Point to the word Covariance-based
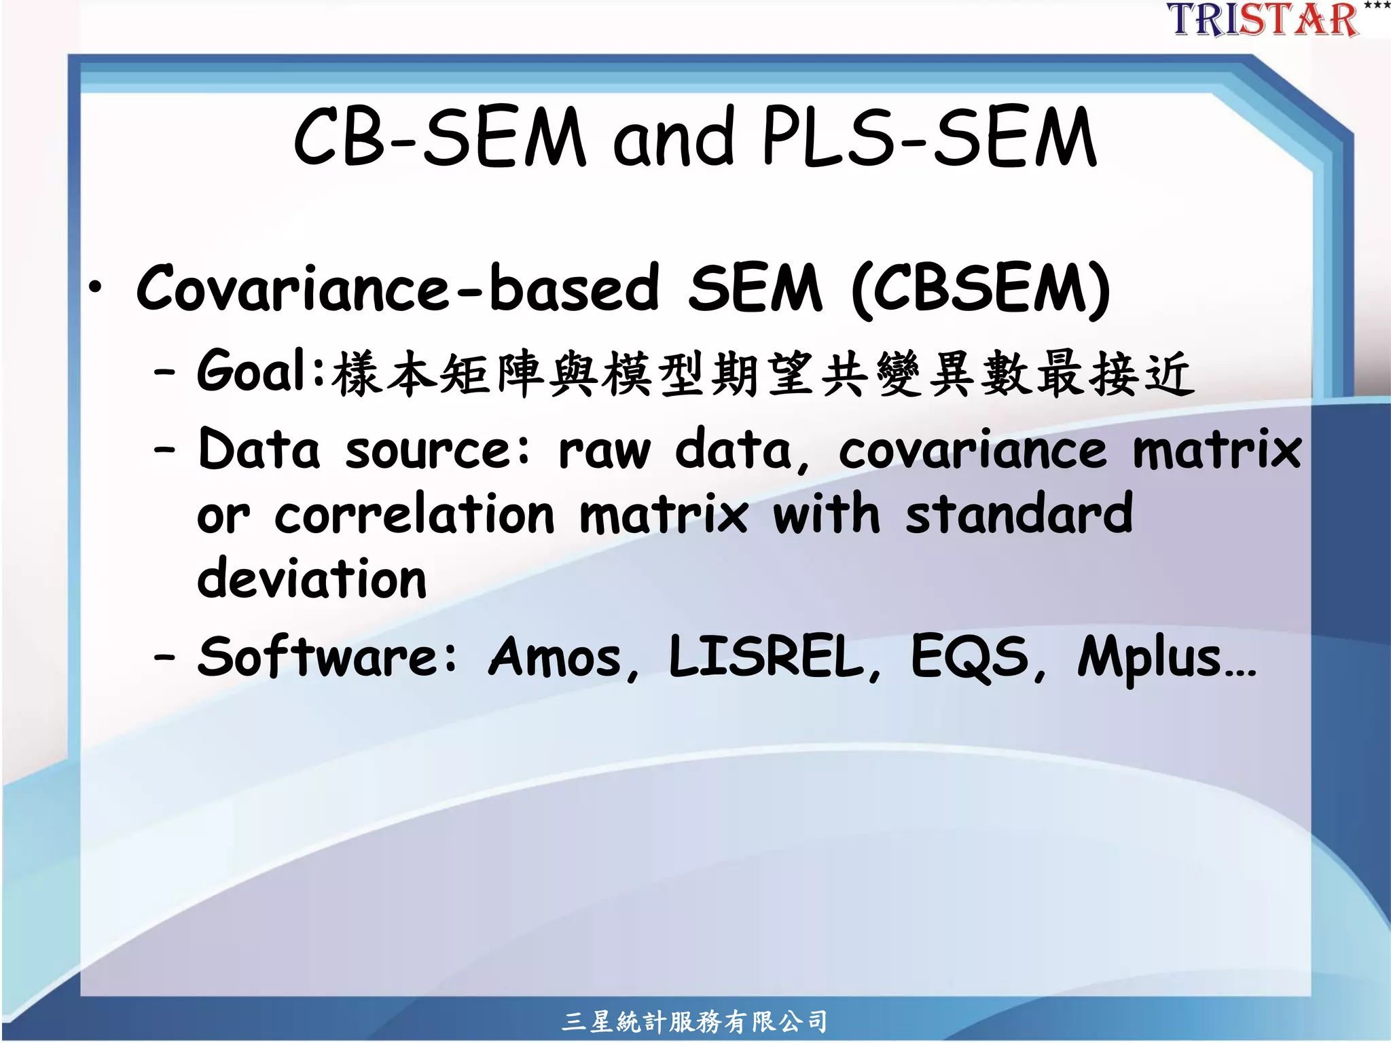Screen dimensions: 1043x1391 (397, 289)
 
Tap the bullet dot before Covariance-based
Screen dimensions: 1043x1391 (96, 288)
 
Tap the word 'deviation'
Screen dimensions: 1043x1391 (312, 579)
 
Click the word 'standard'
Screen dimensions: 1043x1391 (1019, 514)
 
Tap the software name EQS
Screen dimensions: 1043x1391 (969, 657)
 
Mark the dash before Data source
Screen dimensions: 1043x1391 (164, 450)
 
